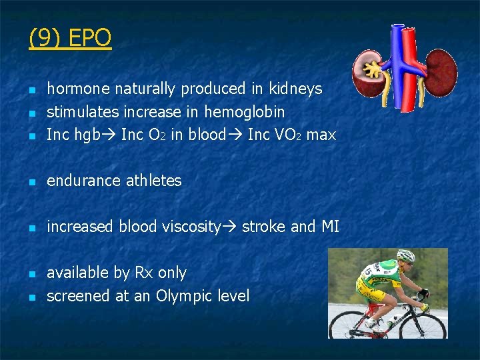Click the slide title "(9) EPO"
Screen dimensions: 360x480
tap(70, 38)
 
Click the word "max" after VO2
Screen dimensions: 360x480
tap(321, 135)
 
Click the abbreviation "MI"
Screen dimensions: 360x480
tap(330, 227)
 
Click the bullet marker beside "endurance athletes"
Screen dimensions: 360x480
tap(31, 181)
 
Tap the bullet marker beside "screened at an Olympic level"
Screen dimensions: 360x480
tap(31, 297)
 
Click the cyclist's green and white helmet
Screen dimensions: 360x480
tap(406, 255)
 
